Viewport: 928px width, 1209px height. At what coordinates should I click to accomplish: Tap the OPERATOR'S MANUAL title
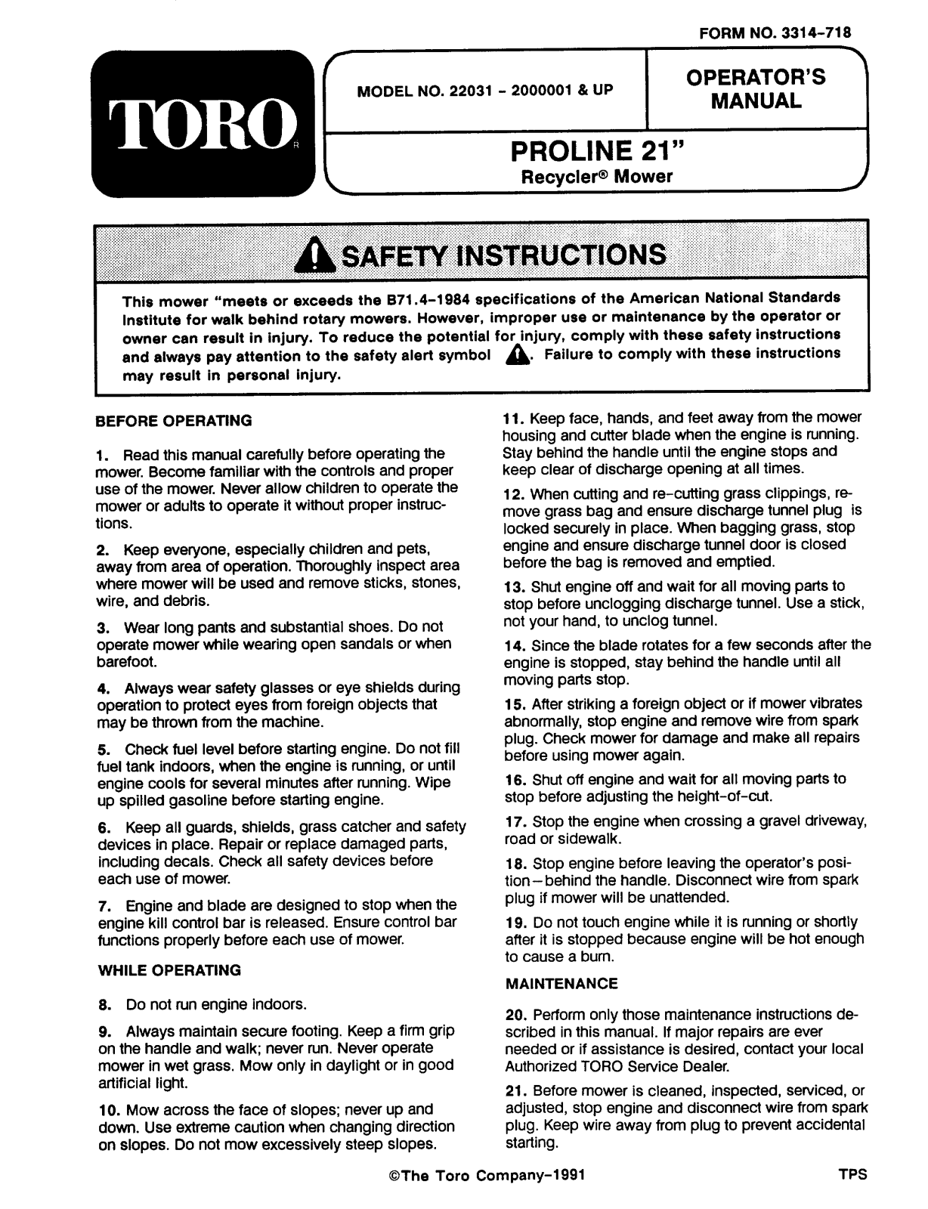coord(756,89)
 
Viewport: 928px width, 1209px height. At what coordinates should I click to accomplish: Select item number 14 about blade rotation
coord(686,663)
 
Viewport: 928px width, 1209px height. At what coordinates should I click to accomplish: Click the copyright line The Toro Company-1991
coord(484,1176)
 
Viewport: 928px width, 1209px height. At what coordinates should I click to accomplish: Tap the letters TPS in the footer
coord(852,1175)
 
